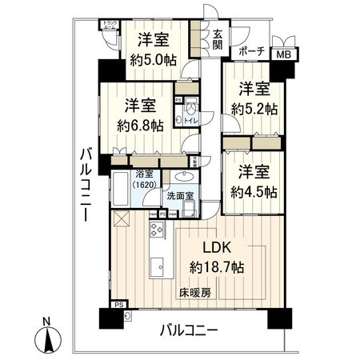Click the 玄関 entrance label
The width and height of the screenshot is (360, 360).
217,37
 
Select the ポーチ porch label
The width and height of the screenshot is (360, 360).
251,53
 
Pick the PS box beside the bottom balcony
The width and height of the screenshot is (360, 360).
119,305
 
